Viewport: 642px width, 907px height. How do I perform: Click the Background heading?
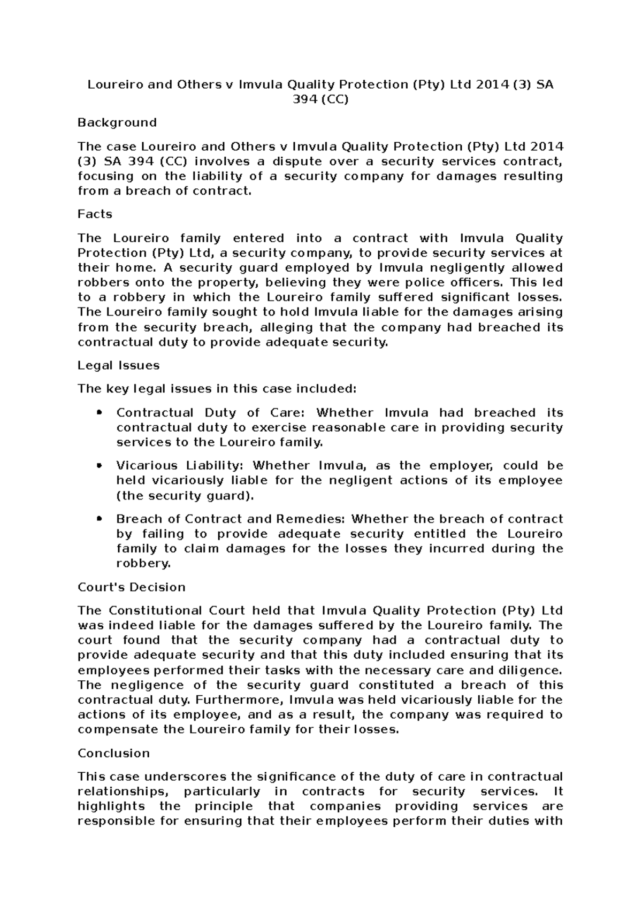117,122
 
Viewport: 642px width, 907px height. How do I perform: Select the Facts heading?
95,214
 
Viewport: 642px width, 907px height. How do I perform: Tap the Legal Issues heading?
118,366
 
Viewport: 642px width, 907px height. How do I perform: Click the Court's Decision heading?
131,587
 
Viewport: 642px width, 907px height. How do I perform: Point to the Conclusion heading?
113,754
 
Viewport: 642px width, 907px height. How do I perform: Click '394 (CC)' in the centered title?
320,99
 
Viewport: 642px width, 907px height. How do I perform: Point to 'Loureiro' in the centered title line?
111,84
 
